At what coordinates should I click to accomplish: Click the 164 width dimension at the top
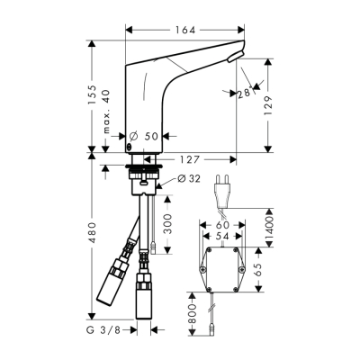click(185, 30)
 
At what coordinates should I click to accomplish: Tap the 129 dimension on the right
click(268, 106)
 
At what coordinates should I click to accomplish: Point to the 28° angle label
click(244, 94)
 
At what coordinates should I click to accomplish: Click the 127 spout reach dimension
click(189, 159)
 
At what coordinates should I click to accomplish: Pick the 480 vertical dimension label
click(93, 232)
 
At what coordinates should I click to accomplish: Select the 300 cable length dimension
click(168, 224)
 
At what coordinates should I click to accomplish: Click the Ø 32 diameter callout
click(189, 179)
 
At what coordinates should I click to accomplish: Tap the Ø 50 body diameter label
click(144, 137)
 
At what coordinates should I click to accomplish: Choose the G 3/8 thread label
click(103, 330)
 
